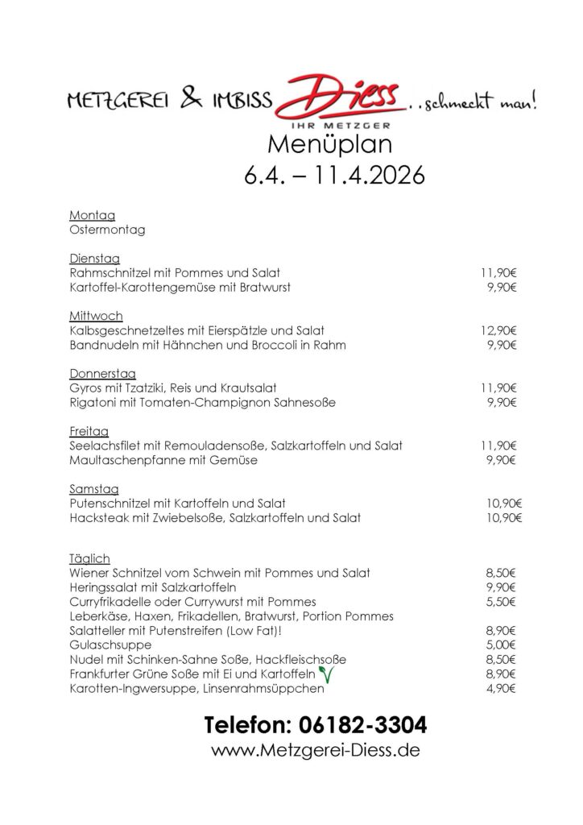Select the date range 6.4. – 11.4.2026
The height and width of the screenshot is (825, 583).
[x=334, y=175]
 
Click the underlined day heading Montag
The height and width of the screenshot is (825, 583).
[x=93, y=215]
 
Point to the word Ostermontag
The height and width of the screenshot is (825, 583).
[x=107, y=230]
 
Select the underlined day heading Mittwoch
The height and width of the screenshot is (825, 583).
[x=97, y=316]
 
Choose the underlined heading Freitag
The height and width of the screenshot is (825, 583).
[x=89, y=431]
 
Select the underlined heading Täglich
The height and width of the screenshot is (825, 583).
[x=89, y=558]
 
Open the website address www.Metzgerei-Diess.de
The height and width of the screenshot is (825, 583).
[x=315, y=751]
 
